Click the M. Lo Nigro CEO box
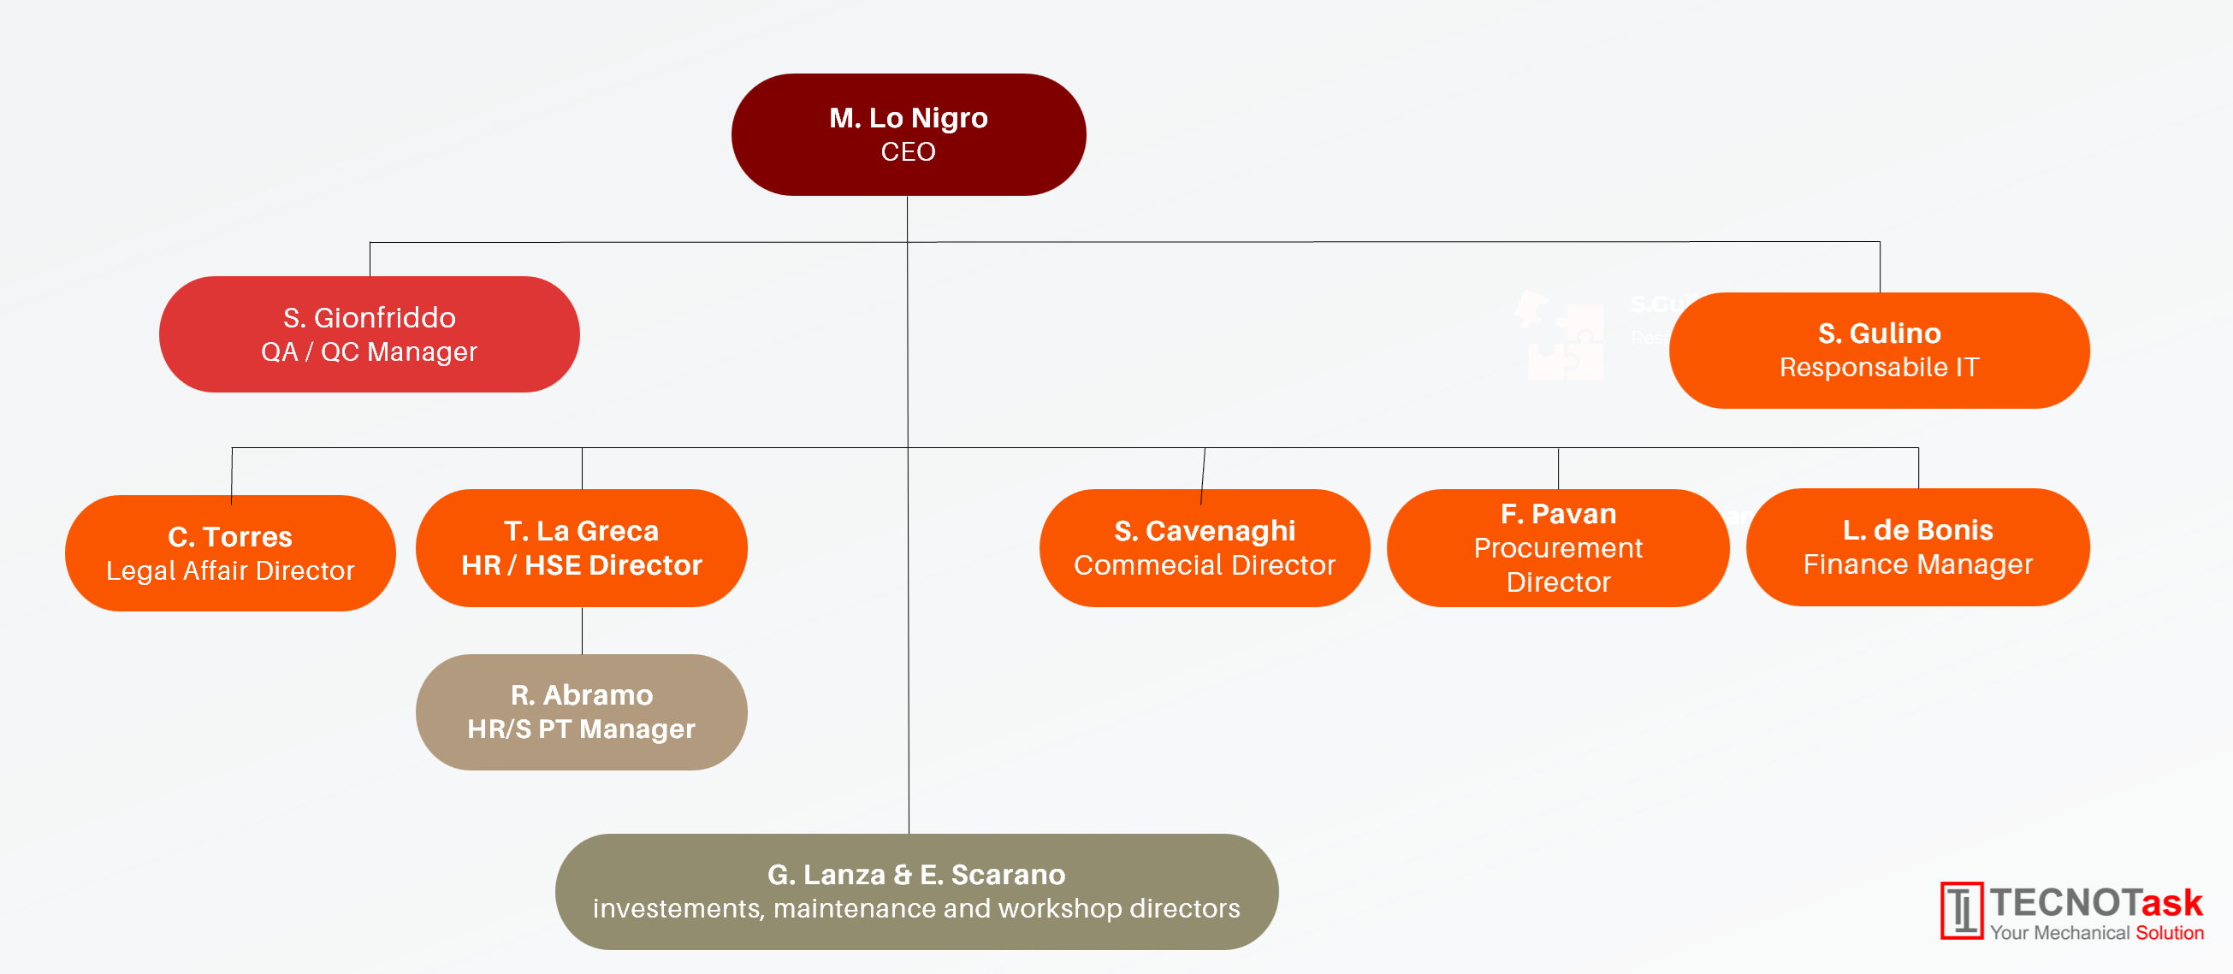(909, 134)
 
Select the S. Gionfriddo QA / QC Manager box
(370, 334)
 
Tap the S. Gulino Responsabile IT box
(1880, 350)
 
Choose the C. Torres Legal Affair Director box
(231, 553)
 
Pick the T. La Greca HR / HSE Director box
(582, 547)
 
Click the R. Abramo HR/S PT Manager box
(582, 712)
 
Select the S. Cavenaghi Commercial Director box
(1205, 547)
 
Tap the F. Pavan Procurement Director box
(1559, 547)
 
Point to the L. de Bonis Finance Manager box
(1918, 546)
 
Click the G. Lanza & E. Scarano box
(917, 892)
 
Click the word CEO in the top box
(909, 151)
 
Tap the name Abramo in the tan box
(598, 695)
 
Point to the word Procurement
(1559, 548)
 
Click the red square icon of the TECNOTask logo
(1962, 911)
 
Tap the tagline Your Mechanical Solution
(2097, 932)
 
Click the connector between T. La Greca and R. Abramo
(582, 631)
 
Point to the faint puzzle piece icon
(1561, 335)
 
